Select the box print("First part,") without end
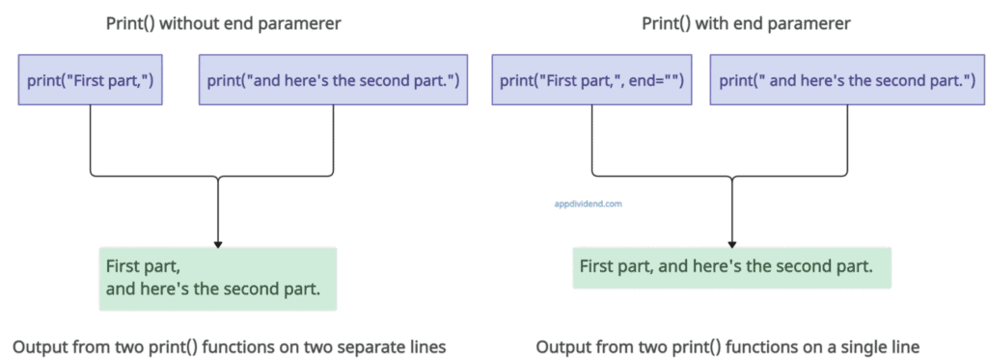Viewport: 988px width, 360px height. pos(90,79)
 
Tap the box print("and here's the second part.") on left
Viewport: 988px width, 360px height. pos(333,79)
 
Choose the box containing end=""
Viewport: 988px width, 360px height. pos(591,79)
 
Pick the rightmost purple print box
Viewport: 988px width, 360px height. pos(848,79)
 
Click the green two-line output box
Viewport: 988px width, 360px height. pos(217,279)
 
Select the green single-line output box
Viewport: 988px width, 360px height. pos(731,267)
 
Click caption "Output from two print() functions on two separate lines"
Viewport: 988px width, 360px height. pos(230,346)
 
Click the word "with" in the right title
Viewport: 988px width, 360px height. pos(719,23)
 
